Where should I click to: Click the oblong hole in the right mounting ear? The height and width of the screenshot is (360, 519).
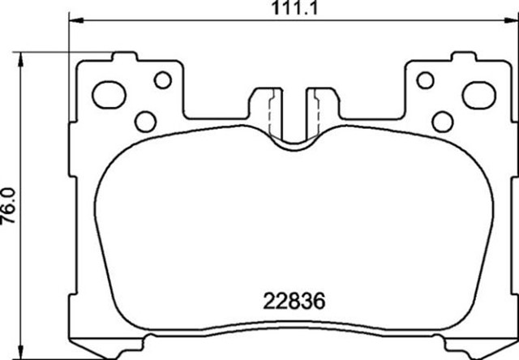(478, 95)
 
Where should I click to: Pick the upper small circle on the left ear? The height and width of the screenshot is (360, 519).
(162, 79)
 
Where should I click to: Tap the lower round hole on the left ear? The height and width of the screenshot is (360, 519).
(144, 122)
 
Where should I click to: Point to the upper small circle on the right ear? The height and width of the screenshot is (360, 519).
(423, 79)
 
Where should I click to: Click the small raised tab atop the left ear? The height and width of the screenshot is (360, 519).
(122, 58)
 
